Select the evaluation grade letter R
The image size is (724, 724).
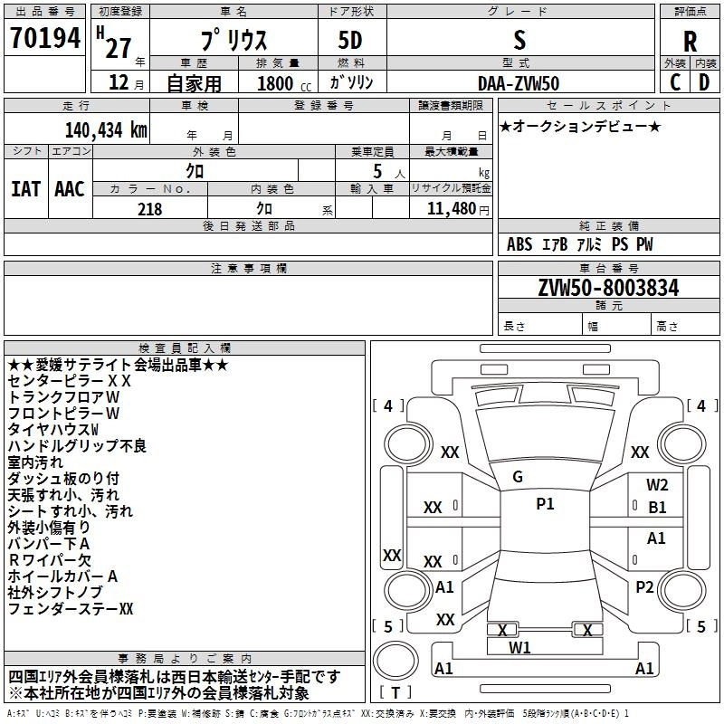tap(690, 41)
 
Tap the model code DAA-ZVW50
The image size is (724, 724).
tap(519, 82)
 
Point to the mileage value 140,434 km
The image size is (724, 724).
tap(106, 129)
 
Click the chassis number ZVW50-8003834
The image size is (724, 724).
tap(608, 288)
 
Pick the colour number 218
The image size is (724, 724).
tap(149, 208)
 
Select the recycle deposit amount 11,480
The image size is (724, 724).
tap(449, 208)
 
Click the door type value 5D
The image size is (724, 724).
tap(350, 41)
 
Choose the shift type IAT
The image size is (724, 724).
tap(25, 189)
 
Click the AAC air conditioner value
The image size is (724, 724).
tap(69, 189)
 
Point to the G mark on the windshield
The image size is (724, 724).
tap(518, 476)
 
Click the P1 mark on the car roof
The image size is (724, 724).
tap(545, 504)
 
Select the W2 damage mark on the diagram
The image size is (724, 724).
tap(657, 485)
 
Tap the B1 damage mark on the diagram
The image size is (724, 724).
tap(657, 507)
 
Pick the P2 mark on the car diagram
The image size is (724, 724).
tap(644, 586)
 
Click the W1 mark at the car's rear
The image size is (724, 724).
tap(519, 647)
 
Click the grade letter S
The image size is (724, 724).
tap(519, 41)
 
